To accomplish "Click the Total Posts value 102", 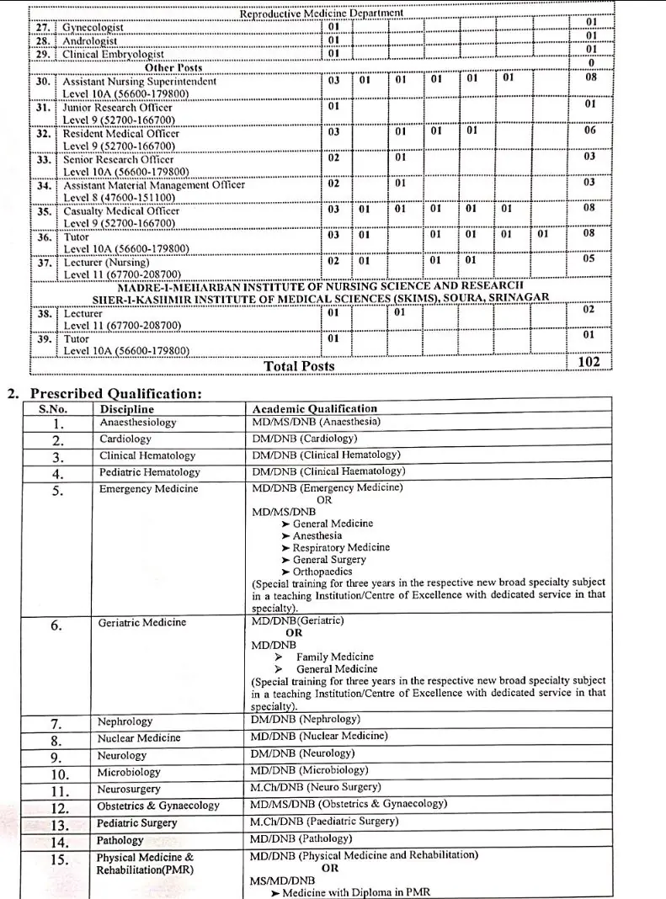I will pyautogui.click(x=589, y=362).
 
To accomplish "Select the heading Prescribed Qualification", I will pyautogui.click(x=115, y=393).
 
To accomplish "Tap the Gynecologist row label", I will pyautogui.click(x=93, y=28).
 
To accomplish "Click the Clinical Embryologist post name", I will pyautogui.click(x=113, y=54).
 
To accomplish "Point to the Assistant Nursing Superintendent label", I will pyautogui.click(x=139, y=82).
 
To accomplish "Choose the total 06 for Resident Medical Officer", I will pyautogui.click(x=589, y=130).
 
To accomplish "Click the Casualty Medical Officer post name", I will pyautogui.click(x=121, y=211).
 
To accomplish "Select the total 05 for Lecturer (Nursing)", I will pyautogui.click(x=589, y=259).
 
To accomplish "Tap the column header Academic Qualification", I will pyautogui.click(x=315, y=409).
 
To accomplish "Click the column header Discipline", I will pyautogui.click(x=127, y=409).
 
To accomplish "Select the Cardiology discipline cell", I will pyautogui.click(x=125, y=439).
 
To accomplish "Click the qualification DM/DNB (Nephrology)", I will pyautogui.click(x=305, y=720).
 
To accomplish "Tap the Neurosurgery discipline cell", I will pyautogui.click(x=131, y=790).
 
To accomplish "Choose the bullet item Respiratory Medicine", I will pyautogui.click(x=341, y=547).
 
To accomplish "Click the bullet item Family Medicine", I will pyautogui.click(x=334, y=657).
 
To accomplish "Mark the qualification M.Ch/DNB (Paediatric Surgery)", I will pyautogui.click(x=324, y=821).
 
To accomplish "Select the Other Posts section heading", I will pyautogui.click(x=173, y=67).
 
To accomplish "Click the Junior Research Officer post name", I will pyautogui.click(x=118, y=108).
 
